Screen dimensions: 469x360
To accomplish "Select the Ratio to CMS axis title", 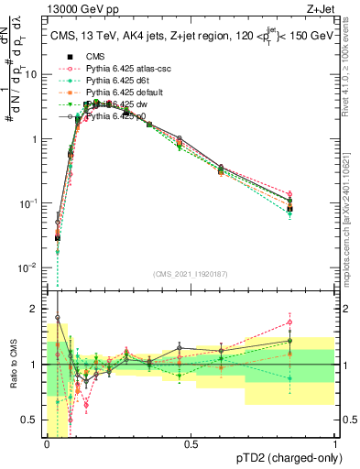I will click(x=12, y=365).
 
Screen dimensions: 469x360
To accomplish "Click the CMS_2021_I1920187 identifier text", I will click(x=191, y=273).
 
